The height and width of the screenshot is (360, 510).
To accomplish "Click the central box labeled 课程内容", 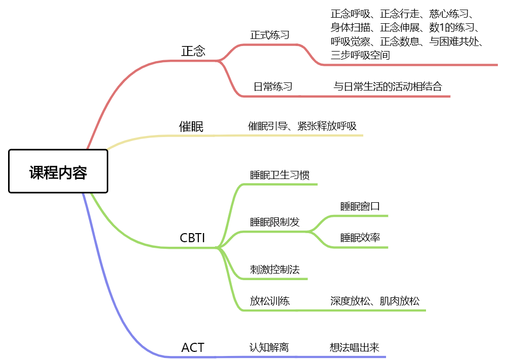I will pos(58,172).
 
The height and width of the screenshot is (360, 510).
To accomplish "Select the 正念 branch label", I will pos(193,51).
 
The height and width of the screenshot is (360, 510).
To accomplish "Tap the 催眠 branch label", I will pos(192,126).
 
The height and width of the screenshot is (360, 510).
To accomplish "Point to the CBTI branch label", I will pos(192,238).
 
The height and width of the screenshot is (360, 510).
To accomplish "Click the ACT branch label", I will pos(193,347).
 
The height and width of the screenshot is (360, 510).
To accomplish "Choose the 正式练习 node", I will pos(270,35).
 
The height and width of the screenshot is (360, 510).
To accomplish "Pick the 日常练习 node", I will pos(273,86).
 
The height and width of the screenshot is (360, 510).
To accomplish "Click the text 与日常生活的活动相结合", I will pos(388,86).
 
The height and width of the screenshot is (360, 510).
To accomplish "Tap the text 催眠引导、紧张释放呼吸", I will pos(303,126).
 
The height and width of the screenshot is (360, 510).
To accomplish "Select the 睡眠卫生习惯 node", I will pos(280,175).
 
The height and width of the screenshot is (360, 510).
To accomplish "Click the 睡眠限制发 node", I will pos(275,222).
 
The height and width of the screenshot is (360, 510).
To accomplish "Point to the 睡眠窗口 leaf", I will pos(360,206).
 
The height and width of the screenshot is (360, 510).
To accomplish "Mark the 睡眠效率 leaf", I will pos(360,238).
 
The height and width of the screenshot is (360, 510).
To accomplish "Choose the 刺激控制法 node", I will pos(275,269).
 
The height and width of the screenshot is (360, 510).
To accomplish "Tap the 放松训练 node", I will pos(270,301).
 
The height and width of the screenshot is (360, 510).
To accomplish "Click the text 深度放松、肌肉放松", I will pos(375,301).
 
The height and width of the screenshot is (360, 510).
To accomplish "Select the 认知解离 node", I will pos(269,347).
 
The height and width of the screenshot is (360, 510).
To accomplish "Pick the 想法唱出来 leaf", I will pos(354,347).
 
